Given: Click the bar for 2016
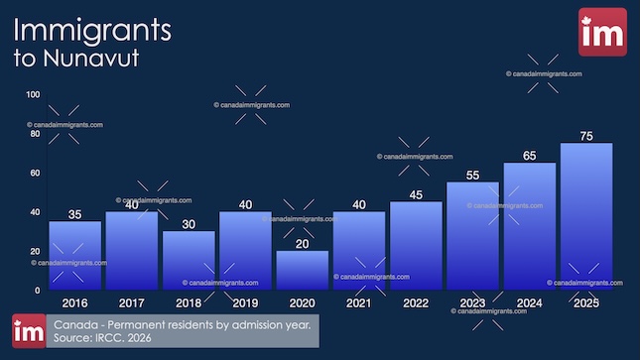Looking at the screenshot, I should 74,255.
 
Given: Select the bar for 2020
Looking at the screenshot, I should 302,270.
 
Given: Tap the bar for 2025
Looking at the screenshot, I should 585,216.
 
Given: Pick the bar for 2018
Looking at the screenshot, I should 189,260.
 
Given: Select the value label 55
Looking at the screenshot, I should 472,176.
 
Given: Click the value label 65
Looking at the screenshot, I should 529,156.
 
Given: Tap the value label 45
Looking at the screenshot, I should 416,194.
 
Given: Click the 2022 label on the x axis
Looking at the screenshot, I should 416,302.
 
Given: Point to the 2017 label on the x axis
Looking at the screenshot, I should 132,302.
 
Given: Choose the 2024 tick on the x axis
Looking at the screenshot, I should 529,302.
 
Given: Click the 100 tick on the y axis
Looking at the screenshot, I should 33,94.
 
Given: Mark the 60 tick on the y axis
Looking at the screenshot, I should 35,173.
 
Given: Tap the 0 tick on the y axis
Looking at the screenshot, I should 38,290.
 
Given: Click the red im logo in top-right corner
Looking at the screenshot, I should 602,32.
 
